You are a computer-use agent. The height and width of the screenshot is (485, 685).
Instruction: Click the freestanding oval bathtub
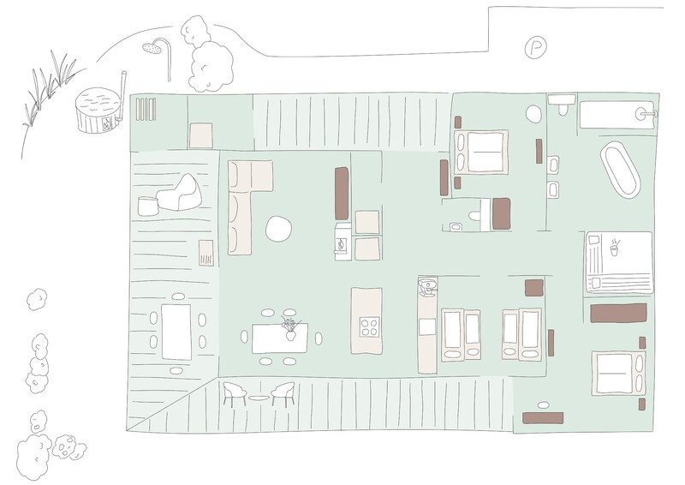620,170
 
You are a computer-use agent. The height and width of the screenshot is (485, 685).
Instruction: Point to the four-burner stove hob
370,326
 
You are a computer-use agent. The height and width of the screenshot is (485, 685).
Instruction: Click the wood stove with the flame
342,242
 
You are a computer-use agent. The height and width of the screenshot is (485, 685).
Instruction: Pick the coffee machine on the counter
426,287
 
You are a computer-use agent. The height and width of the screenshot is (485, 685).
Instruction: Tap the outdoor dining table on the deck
176,332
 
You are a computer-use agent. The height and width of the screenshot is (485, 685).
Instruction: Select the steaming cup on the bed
614,248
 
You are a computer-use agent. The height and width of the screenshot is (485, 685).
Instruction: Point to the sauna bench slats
146,109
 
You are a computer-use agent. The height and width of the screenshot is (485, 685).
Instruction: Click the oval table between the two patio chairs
259,398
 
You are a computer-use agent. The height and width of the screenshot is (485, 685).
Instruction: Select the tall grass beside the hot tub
50,89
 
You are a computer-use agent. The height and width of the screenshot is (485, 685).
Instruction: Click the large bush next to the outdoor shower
209,66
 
